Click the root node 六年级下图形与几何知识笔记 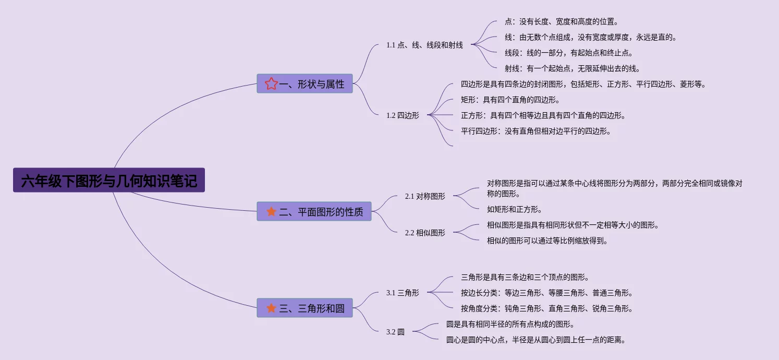pos(109,181)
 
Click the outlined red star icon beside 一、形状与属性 pos(271,84)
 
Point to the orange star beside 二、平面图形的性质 pos(271,212)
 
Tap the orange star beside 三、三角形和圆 pos(271,308)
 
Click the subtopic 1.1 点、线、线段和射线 pos(424,45)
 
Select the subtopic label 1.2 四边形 pos(403,116)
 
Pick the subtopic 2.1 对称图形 pos(425,197)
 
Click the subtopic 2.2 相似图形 pos(425,233)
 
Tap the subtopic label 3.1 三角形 pos(403,293)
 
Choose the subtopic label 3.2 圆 pos(395,332)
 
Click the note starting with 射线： pos(572,68)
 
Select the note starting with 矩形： pos(510,100)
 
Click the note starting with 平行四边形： pos(535,131)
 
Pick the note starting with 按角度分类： pos(546,308)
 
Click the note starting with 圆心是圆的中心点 pos(535,340)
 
